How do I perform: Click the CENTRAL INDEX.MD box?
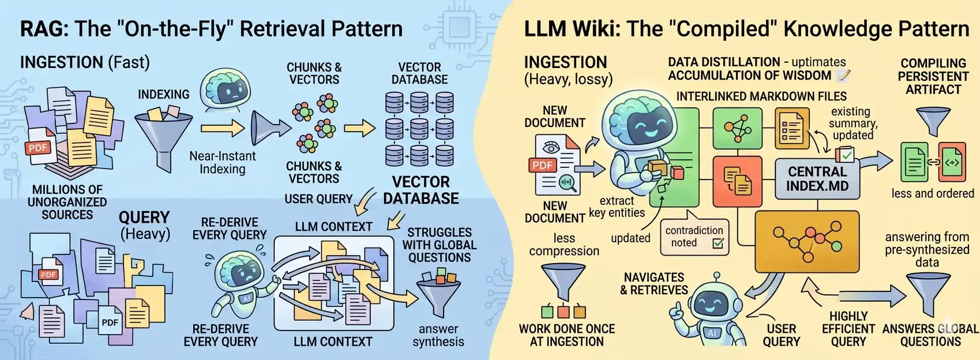click(817, 179)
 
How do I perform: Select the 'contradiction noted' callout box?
click(694, 237)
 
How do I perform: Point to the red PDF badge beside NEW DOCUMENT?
click(542, 165)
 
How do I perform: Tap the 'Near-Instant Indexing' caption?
click(222, 163)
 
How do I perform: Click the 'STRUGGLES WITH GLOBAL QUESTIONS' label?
click(440, 245)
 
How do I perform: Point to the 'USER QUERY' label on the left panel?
click(318, 199)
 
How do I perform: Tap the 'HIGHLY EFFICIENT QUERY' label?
click(848, 329)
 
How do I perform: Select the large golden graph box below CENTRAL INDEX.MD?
click(806, 241)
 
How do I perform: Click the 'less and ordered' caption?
click(932, 193)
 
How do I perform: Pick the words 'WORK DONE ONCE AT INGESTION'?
click(566, 335)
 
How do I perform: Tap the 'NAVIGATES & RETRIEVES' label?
click(654, 284)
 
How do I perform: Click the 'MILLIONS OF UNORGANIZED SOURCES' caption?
click(67, 202)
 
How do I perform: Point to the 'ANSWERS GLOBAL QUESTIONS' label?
click(930, 335)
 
